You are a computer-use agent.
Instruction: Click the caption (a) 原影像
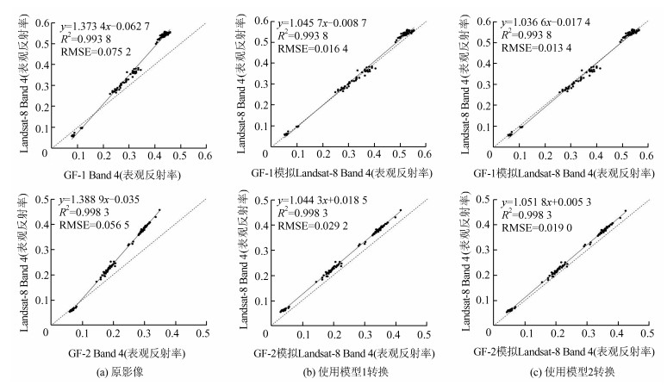coord(128,374)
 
